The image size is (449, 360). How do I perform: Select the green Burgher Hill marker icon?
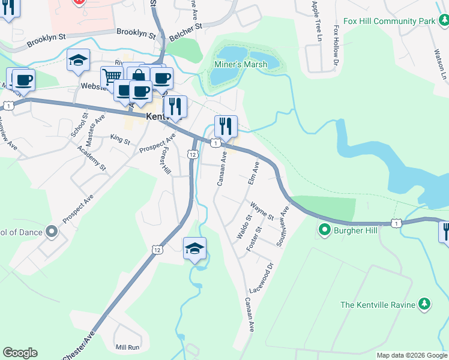(x=325, y=229)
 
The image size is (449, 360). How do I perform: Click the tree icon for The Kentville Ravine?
(x=424, y=305)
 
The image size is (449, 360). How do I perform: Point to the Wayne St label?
(x=262, y=211)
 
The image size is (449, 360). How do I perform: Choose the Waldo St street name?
(x=243, y=227)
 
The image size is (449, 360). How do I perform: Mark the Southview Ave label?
(x=282, y=226)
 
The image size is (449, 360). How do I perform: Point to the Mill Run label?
(x=128, y=347)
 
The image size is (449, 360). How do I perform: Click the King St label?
(x=120, y=140)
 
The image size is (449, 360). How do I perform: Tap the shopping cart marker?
(x=112, y=77)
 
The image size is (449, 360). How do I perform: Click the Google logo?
(x=20, y=353)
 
